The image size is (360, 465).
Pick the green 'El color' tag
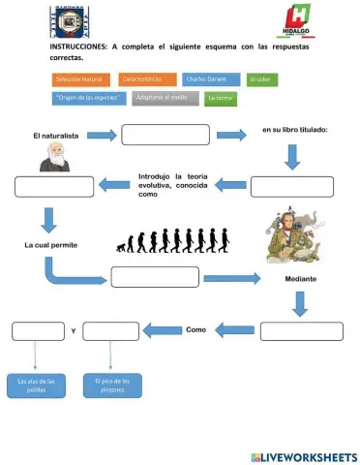pos(261,78)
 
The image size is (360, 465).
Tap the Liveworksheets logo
pos(303,455)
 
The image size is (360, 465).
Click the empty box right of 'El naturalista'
pos(165,135)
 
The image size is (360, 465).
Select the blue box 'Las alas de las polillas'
pos(37,385)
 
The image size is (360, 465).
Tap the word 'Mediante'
pos(301,279)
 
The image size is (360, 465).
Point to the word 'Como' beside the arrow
pos(195,329)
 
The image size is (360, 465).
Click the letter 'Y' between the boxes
pos(74,332)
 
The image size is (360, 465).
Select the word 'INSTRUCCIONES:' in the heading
pos(77,46)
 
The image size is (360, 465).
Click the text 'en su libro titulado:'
pos(295,129)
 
